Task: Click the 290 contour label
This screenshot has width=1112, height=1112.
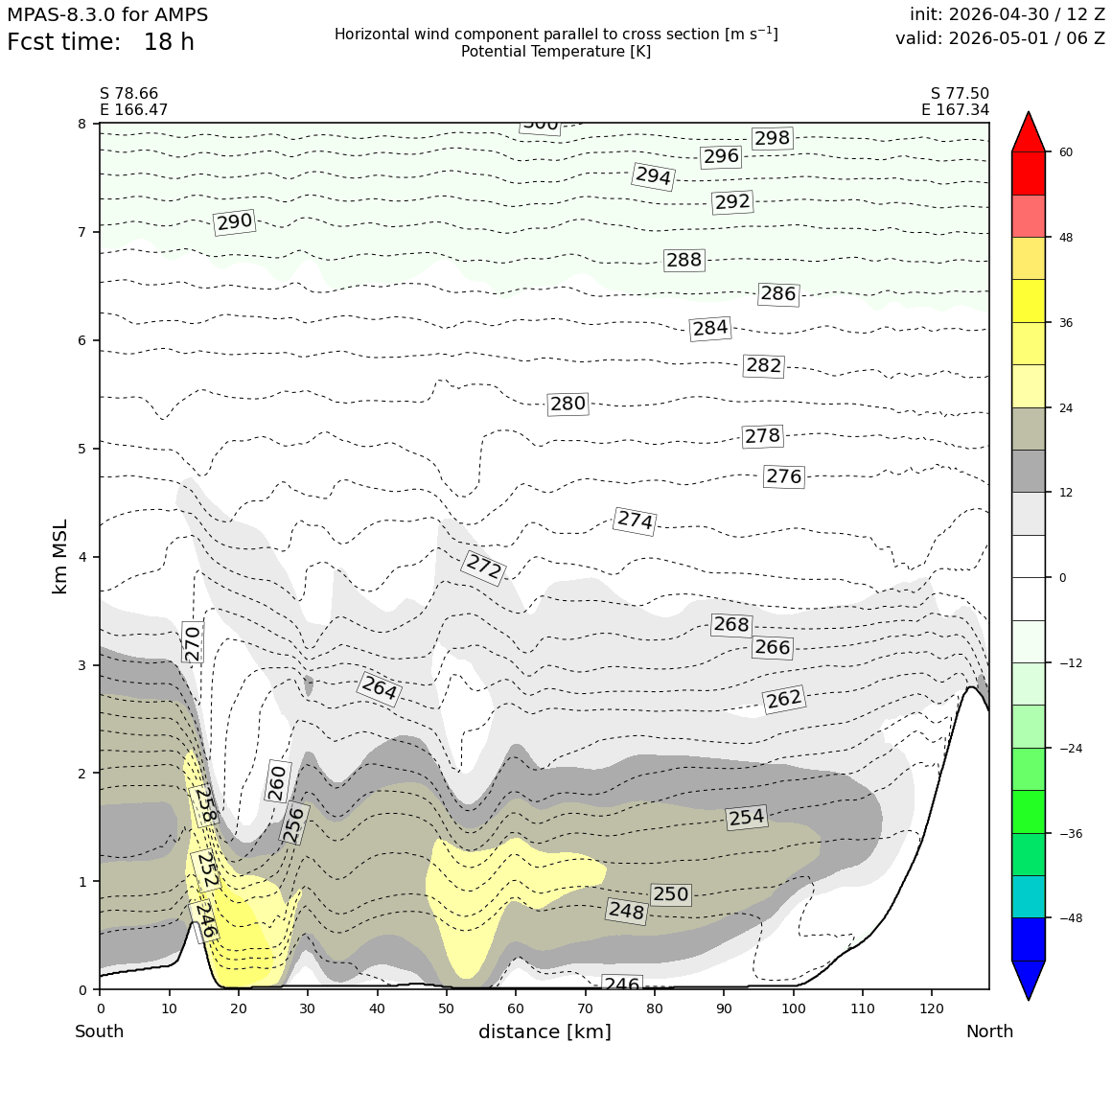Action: pos(235,222)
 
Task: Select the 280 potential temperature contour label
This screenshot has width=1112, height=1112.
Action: pos(568,404)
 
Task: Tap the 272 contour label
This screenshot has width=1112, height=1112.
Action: pos(484,568)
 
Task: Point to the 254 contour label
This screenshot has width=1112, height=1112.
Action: pos(747,817)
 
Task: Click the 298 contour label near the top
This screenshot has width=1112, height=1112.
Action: pos(772,138)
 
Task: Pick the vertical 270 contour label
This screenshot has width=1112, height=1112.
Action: pos(192,642)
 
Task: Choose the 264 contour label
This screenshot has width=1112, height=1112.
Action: pos(380,687)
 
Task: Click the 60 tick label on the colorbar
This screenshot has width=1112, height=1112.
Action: pos(1065,151)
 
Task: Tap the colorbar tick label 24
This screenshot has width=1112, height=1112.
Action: pos(1065,407)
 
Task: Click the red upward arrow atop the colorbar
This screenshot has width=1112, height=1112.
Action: pos(1029,131)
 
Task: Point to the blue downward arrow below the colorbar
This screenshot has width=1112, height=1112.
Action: pos(1029,980)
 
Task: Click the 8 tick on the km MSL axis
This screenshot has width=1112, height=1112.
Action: pos(82,124)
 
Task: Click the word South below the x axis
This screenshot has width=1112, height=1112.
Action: pos(100,1031)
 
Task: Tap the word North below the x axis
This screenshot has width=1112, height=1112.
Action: pos(989,1031)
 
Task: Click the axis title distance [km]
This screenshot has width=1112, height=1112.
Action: pos(544,1031)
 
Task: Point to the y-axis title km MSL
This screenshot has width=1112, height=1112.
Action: pos(60,556)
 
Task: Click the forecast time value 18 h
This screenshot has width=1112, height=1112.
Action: pos(169,42)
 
